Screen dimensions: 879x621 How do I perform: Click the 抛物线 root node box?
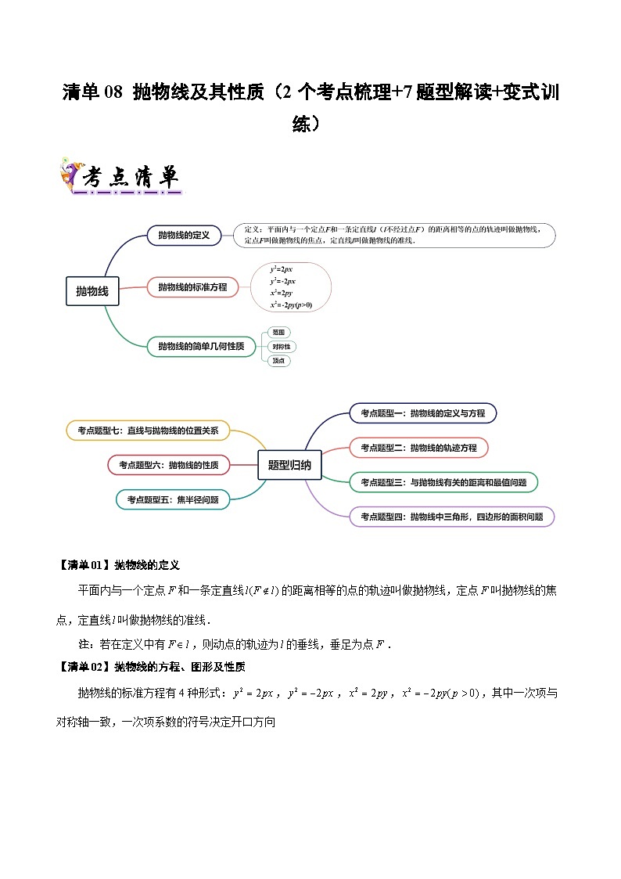(92, 291)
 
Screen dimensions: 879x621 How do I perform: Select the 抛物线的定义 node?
(184, 235)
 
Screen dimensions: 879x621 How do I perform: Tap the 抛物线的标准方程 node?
(192, 287)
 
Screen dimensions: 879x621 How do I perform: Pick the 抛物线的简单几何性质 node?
(201, 346)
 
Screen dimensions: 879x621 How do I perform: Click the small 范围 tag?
(278, 332)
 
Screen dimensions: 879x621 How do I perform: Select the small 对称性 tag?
(281, 346)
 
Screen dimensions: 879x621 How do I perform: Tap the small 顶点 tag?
(278, 361)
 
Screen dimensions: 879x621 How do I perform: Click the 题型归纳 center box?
(289, 465)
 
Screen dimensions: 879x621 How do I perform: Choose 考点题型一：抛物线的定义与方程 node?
(422, 412)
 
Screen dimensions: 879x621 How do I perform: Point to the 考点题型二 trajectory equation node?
(418, 448)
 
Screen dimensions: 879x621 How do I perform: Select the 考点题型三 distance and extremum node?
(443, 483)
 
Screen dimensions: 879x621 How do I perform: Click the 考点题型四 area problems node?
(452, 517)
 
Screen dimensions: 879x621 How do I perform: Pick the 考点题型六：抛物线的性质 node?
(168, 465)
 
